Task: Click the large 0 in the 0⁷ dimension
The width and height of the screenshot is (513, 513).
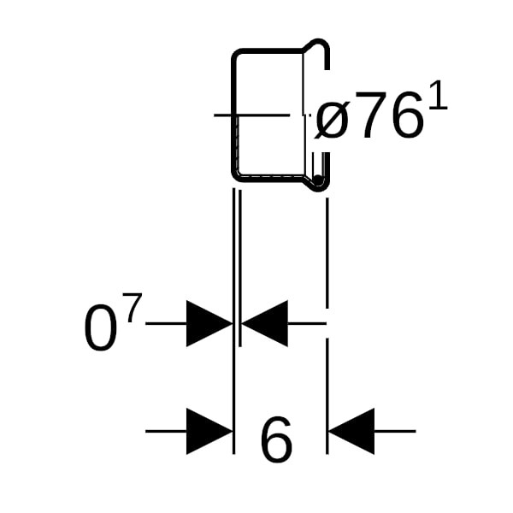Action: [x=100, y=329]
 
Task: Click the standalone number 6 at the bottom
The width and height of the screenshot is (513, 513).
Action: [x=275, y=441]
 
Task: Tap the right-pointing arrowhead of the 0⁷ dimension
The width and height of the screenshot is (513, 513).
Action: [x=209, y=324]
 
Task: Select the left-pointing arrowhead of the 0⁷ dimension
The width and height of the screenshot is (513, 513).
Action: [x=265, y=324]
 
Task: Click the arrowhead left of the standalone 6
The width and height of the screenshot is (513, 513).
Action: [x=209, y=431]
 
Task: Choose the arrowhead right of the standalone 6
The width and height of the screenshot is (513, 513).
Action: [x=351, y=431]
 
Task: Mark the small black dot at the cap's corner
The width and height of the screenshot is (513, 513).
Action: [x=318, y=180]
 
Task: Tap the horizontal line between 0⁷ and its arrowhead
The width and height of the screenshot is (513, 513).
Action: [x=165, y=324]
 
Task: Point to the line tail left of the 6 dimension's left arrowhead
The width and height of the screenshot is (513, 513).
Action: [x=165, y=431]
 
